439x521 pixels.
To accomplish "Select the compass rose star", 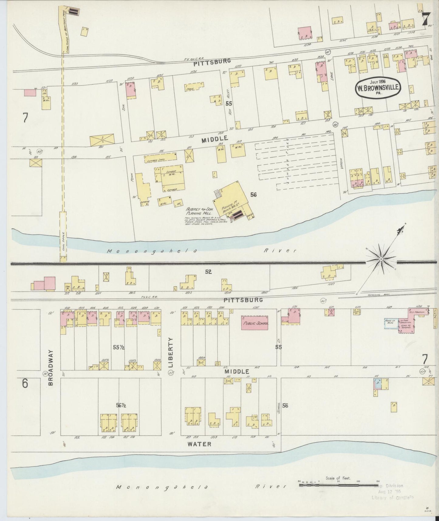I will pos(381,259).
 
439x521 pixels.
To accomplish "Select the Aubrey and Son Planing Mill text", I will pos(200,212).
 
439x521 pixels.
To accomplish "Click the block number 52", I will pos(208,272).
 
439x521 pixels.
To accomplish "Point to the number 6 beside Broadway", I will pos(25,384).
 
